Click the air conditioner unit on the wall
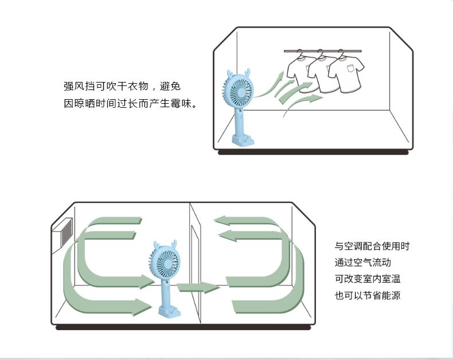tap(62, 236)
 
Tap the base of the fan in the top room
tap(243, 140)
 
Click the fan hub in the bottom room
tap(167, 264)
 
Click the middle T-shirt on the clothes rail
tap(322, 72)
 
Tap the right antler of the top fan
tap(247, 72)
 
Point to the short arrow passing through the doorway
tap(198, 287)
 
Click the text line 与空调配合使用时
tap(372, 246)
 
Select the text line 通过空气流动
tap(362, 263)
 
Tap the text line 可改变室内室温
tap(368, 279)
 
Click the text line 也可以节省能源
tap(368, 295)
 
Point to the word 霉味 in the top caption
tap(181, 103)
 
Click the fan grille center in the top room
tap(241, 92)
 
